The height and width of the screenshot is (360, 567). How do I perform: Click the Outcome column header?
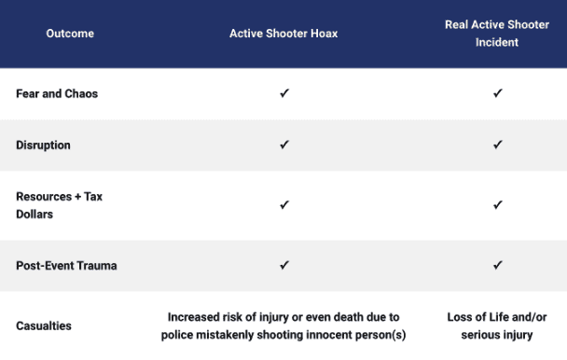70,34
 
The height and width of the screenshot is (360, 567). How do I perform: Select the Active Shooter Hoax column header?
283,34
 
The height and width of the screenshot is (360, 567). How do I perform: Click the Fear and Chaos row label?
57,94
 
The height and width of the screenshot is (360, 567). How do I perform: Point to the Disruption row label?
43,145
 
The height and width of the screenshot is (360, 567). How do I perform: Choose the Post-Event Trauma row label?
66,266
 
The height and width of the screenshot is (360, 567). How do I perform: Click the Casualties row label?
44,326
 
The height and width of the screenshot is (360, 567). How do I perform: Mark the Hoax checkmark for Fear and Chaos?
284,94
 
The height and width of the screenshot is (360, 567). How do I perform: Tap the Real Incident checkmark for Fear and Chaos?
498,94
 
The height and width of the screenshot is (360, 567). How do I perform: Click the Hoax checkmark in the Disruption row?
284,145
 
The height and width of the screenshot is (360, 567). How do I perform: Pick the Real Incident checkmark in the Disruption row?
498,145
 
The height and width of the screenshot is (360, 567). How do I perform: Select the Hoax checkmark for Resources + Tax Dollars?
284,205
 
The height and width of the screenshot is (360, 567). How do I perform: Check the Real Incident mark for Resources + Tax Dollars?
498,205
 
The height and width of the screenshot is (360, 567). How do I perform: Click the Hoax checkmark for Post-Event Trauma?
284,266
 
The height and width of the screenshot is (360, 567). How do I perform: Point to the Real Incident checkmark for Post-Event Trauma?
498,266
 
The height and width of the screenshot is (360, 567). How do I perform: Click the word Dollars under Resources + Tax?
36,214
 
